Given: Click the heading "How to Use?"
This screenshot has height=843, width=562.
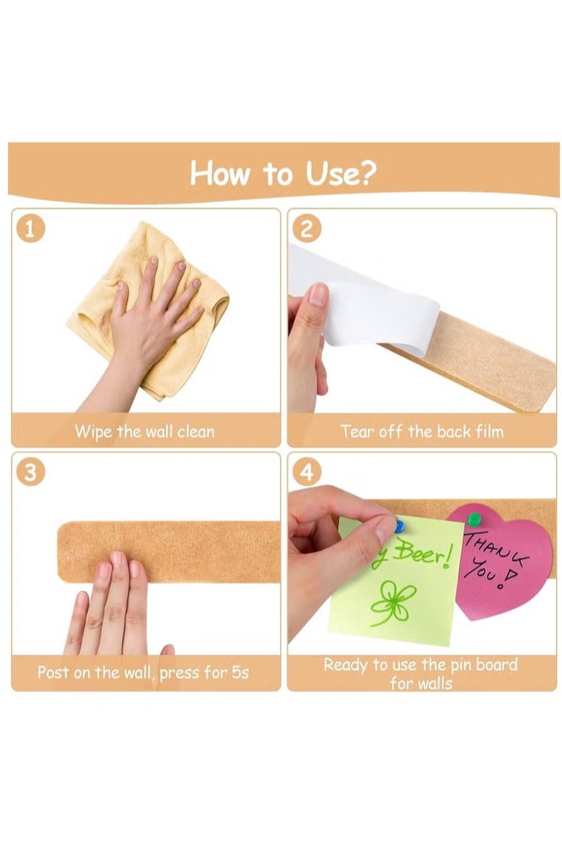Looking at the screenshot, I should point(283,174).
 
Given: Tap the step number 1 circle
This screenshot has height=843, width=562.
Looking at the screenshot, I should point(30,229).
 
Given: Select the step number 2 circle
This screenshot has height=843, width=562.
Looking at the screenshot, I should point(306,229).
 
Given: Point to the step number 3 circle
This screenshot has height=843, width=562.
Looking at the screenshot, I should point(30,472).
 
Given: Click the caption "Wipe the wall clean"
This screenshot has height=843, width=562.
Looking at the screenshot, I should point(145,431).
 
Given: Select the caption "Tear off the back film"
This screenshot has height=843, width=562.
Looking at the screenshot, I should point(422,431).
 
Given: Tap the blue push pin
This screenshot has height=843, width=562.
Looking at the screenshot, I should point(399,526).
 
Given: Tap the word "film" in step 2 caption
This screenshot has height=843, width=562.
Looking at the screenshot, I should point(487,431).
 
